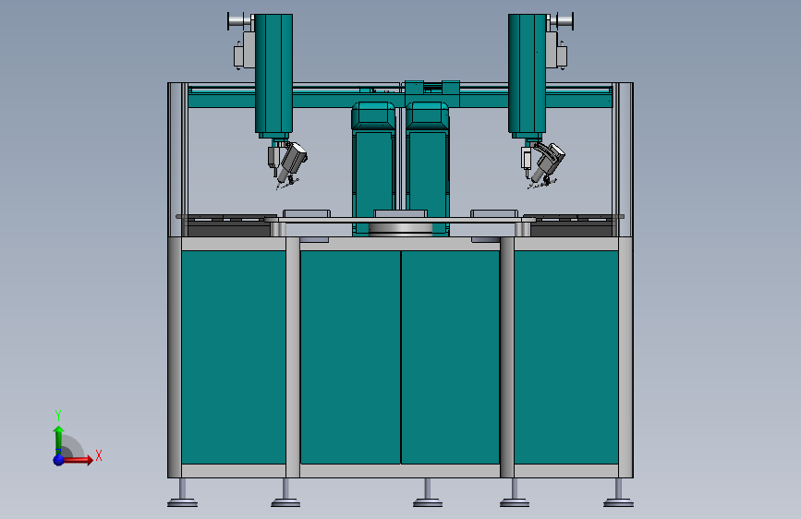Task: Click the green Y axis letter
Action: pos(58,415)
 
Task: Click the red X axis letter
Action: pos(99,455)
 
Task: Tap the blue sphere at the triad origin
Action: pos(59,460)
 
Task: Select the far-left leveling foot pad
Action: pos(182,503)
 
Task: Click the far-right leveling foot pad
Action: pos(619,503)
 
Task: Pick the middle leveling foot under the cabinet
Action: pos(428,503)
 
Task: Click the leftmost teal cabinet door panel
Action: pos(234,357)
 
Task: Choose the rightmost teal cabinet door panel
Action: pos(566,357)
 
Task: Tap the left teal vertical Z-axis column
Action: pos(273,74)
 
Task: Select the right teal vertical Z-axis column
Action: pos(528,74)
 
